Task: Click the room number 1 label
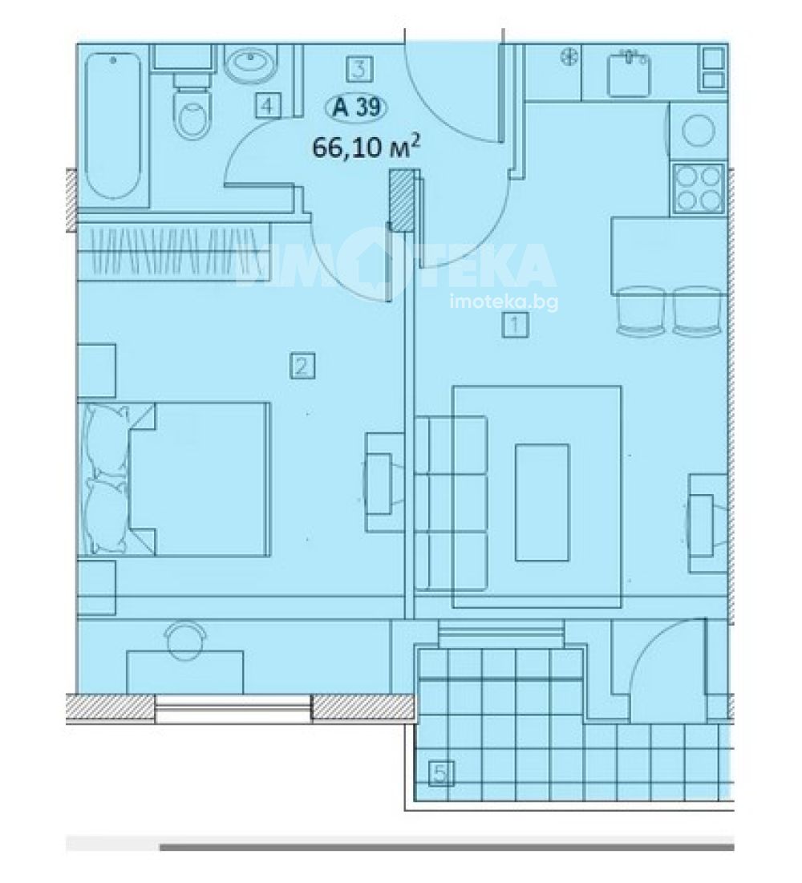click(515, 326)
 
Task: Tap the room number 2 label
click(302, 366)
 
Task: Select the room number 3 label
click(359, 69)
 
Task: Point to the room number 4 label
click(268, 105)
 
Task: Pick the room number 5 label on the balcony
click(442, 773)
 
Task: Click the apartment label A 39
click(357, 107)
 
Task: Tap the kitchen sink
click(629, 73)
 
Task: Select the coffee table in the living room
click(542, 502)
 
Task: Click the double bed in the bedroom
click(175, 479)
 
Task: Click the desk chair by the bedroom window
click(186, 639)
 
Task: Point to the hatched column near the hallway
click(402, 200)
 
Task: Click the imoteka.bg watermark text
click(504, 303)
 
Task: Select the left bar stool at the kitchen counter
click(641, 311)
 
